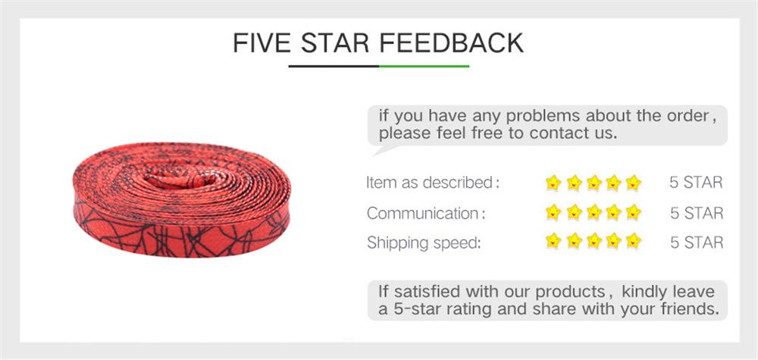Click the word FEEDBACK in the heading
point(452,42)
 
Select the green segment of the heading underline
point(424,66)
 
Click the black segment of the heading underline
point(334,66)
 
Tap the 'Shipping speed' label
point(424,243)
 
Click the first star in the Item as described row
point(553,183)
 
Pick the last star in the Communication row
point(634,212)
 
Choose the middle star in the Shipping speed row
point(594,243)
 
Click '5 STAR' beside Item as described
point(696,183)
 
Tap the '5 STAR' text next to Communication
point(696,213)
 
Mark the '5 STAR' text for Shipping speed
point(696,243)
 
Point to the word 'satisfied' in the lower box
point(428,292)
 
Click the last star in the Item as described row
point(634,183)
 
